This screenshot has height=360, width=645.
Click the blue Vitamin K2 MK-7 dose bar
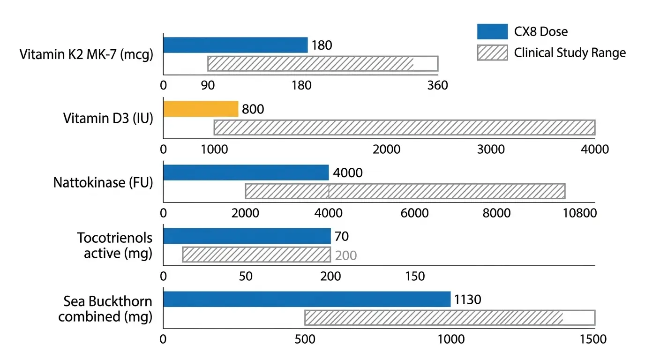[x=235, y=45]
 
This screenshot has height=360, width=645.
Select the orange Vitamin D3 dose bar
[x=201, y=109]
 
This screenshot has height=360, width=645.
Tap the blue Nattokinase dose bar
[x=246, y=173]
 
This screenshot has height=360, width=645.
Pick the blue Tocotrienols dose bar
[x=247, y=236]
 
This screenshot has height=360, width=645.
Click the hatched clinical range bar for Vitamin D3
[x=404, y=127]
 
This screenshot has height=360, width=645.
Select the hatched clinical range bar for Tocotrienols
[x=256, y=255]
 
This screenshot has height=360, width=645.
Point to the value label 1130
[x=467, y=300]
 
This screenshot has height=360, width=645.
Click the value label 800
[x=253, y=109]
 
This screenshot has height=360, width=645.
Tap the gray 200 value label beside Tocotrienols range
[x=346, y=255]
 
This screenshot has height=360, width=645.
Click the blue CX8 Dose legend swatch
[x=492, y=32]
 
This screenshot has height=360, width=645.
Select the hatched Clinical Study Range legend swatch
[x=492, y=52]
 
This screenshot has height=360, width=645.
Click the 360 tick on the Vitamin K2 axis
[x=438, y=86]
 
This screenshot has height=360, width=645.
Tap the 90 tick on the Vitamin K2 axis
[x=208, y=86]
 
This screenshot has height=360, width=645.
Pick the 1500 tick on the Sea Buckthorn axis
[x=593, y=339]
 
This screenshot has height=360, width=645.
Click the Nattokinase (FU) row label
[x=103, y=182]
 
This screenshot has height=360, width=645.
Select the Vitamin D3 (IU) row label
[x=108, y=118]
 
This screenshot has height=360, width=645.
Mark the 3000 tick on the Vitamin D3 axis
[x=491, y=150]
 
